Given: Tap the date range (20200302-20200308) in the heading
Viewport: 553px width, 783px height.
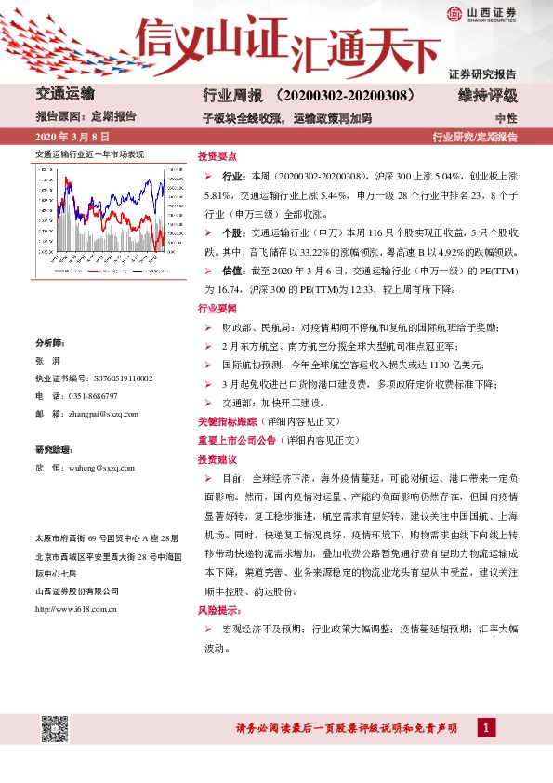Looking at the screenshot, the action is point(345,96).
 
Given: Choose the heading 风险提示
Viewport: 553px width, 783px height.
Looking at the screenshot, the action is point(217,611).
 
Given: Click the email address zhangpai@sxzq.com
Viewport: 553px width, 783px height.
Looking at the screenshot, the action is point(101,413).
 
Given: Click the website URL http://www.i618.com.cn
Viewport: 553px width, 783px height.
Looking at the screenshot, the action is point(75,609).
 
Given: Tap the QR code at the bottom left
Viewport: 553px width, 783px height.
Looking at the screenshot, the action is point(55,728).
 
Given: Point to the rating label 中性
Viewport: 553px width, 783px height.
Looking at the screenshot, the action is point(506,118).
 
